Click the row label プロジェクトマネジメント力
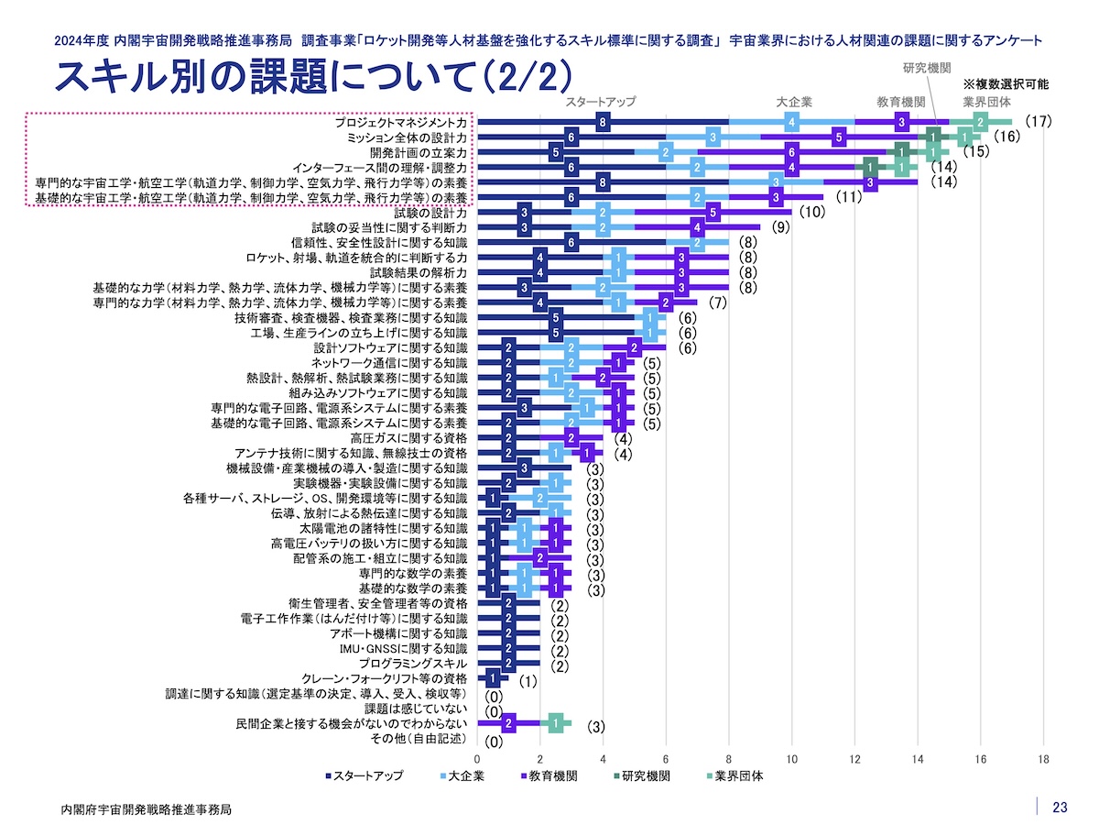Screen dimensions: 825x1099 [x=399, y=122]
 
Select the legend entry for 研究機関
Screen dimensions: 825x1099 [x=646, y=775]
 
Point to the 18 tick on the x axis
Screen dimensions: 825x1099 [x=1043, y=759]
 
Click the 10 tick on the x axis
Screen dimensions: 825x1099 [x=791, y=759]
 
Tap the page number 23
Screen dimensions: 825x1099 [x=1060, y=808]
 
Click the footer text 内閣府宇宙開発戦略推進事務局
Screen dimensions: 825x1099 [x=146, y=809]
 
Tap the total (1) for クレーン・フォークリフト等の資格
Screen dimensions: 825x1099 [x=527, y=681]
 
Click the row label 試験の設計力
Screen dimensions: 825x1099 [x=430, y=213]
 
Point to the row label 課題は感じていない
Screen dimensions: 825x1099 [x=417, y=709]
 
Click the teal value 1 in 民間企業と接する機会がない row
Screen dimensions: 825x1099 [x=556, y=724]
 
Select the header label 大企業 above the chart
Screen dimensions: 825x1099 [x=794, y=102]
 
